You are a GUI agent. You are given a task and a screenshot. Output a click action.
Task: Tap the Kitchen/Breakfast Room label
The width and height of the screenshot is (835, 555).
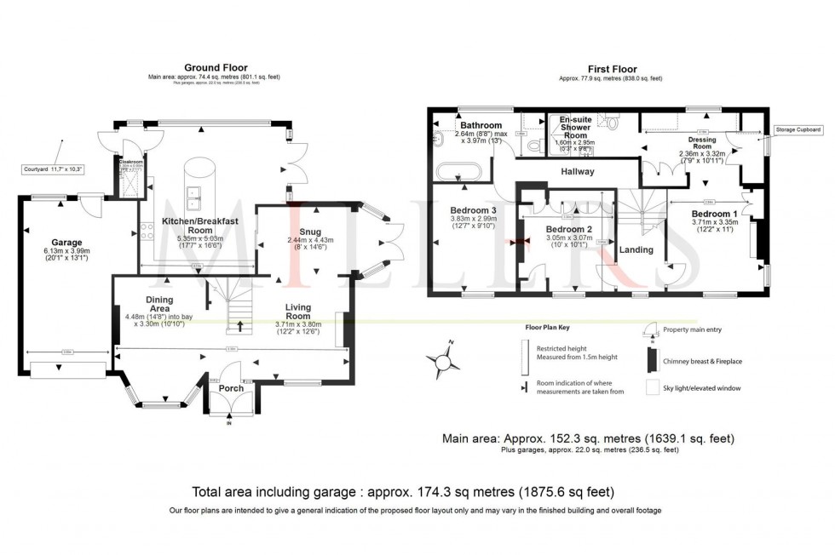click(199, 226)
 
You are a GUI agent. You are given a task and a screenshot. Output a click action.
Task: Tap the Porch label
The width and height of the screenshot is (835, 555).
click(231, 388)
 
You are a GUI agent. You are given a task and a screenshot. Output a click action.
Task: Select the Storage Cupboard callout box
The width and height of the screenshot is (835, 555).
click(798, 129)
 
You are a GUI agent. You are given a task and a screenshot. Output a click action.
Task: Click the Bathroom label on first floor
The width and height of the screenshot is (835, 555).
click(479, 125)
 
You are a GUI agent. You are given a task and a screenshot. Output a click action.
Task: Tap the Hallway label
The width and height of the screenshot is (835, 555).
click(577, 171)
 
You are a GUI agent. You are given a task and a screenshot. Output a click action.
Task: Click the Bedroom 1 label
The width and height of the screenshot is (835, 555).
click(714, 214)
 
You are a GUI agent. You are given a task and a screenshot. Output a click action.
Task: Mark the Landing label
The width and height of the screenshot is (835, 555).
click(636, 250)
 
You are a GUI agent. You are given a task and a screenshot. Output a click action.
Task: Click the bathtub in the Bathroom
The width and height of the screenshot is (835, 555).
click(461, 173)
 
